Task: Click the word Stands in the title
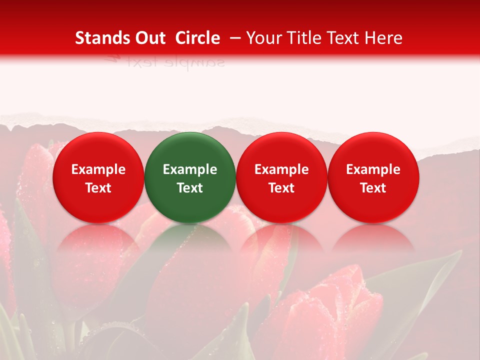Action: click(99, 38)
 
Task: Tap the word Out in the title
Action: click(148, 38)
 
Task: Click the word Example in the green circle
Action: click(190, 169)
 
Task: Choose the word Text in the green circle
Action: click(190, 188)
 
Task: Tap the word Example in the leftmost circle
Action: click(98, 169)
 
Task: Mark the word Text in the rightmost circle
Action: click(373, 188)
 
